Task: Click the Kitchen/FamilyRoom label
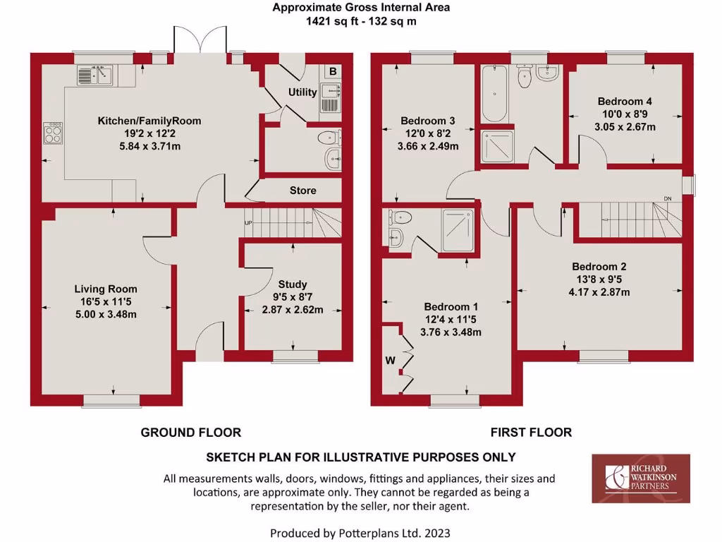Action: (x=149, y=121)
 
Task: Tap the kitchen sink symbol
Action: (x=97, y=75)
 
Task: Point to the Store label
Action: (x=302, y=191)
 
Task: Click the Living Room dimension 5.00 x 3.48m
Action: (x=106, y=314)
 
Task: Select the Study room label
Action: (x=293, y=284)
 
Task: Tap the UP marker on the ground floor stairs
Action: (x=248, y=223)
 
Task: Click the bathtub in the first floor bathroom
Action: (x=494, y=94)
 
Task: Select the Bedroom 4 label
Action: (x=625, y=101)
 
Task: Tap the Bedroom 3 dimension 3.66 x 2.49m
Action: (x=428, y=147)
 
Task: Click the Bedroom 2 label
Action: (x=599, y=267)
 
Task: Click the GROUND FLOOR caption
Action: (x=190, y=432)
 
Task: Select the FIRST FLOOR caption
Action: (x=531, y=432)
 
